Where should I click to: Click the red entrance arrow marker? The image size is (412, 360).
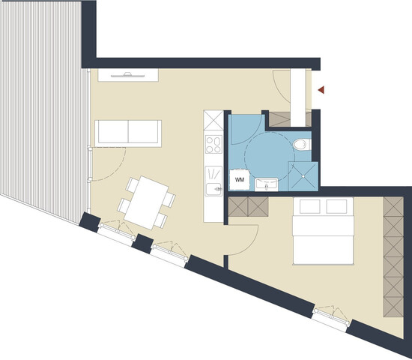coord(321,90)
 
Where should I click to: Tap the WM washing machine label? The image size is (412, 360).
coord(240,180)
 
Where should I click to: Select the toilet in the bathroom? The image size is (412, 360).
coord(300,143)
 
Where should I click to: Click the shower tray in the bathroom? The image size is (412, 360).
coord(303,175)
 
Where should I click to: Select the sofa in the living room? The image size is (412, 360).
coord(127,133)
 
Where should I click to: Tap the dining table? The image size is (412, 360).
coord(146,201)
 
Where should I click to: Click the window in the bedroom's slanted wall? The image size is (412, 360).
coord(331,315)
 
